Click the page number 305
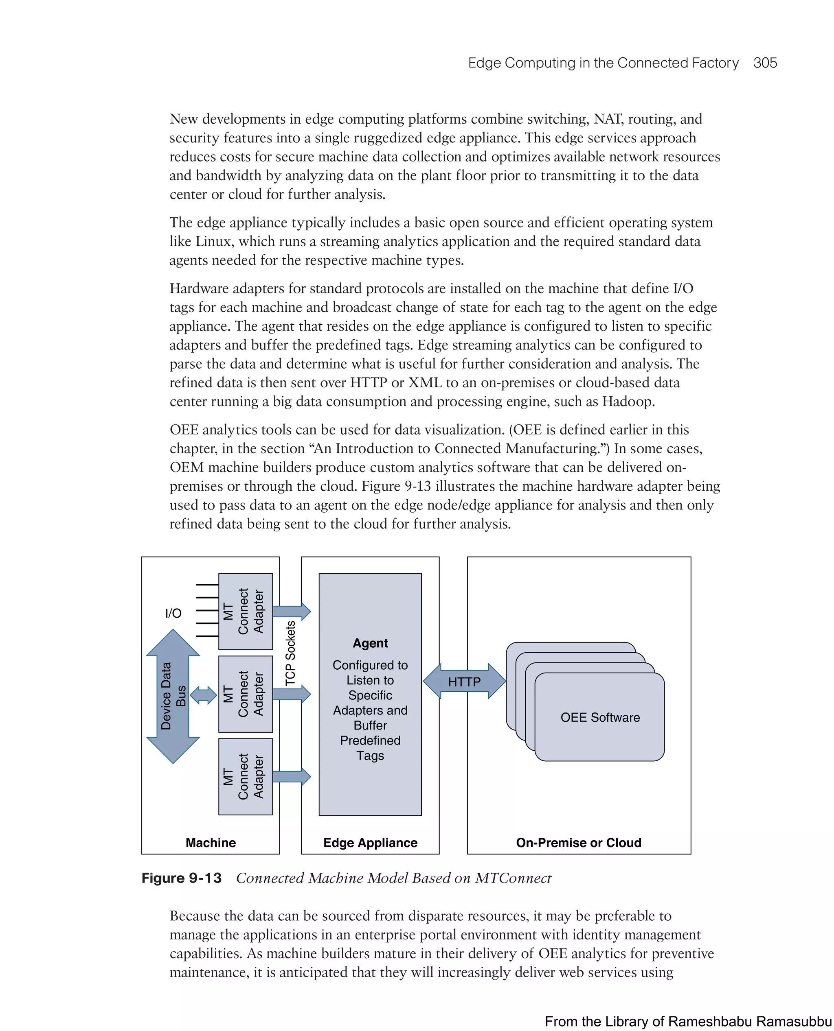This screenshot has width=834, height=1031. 765,63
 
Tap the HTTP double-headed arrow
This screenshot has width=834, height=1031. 464,681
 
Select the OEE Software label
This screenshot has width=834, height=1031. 600,717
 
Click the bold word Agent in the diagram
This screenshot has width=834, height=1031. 370,643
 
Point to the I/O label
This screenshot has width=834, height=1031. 173,613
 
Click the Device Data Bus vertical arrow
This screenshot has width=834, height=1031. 173,696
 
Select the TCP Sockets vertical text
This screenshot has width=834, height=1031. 290,653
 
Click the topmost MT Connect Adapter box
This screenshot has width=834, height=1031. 245,611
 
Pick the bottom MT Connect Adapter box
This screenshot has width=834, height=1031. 245,776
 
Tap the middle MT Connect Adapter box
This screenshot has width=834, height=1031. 245,694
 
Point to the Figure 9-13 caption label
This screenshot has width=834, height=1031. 181,878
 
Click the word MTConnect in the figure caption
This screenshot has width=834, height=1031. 513,878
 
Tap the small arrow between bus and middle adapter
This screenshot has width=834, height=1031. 204,695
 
